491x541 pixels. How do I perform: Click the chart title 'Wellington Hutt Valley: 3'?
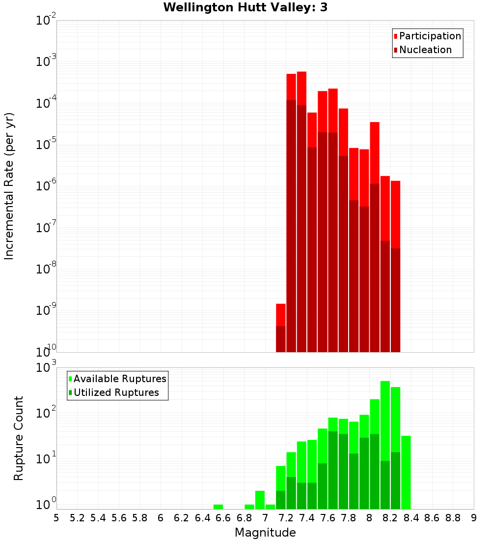245,7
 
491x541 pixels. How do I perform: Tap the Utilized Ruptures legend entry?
116,392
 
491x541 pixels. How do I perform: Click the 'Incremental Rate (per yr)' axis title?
9,186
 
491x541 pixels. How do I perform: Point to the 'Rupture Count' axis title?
19,438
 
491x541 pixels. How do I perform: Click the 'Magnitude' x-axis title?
265,533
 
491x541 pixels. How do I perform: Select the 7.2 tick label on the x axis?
286,518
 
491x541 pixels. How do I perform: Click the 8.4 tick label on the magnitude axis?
411,518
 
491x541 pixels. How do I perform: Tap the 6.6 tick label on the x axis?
223,518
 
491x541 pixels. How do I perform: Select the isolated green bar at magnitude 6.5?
218,507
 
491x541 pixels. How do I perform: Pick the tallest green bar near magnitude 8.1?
385,418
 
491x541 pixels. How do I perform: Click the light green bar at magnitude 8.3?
406,472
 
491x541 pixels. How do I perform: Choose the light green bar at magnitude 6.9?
249,507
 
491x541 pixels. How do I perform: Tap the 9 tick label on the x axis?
473,518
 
